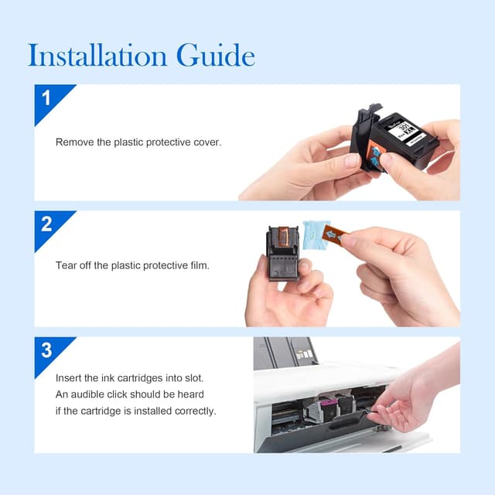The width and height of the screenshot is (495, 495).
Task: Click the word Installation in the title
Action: pos(97,55)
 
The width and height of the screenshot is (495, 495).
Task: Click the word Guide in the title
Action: pos(216,55)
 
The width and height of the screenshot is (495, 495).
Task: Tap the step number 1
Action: pos(46,98)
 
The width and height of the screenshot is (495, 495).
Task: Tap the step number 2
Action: pos(46,224)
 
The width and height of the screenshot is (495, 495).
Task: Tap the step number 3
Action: pos(46,350)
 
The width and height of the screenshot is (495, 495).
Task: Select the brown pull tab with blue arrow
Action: pos(336,234)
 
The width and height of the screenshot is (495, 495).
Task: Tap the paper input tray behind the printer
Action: pos(284,353)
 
